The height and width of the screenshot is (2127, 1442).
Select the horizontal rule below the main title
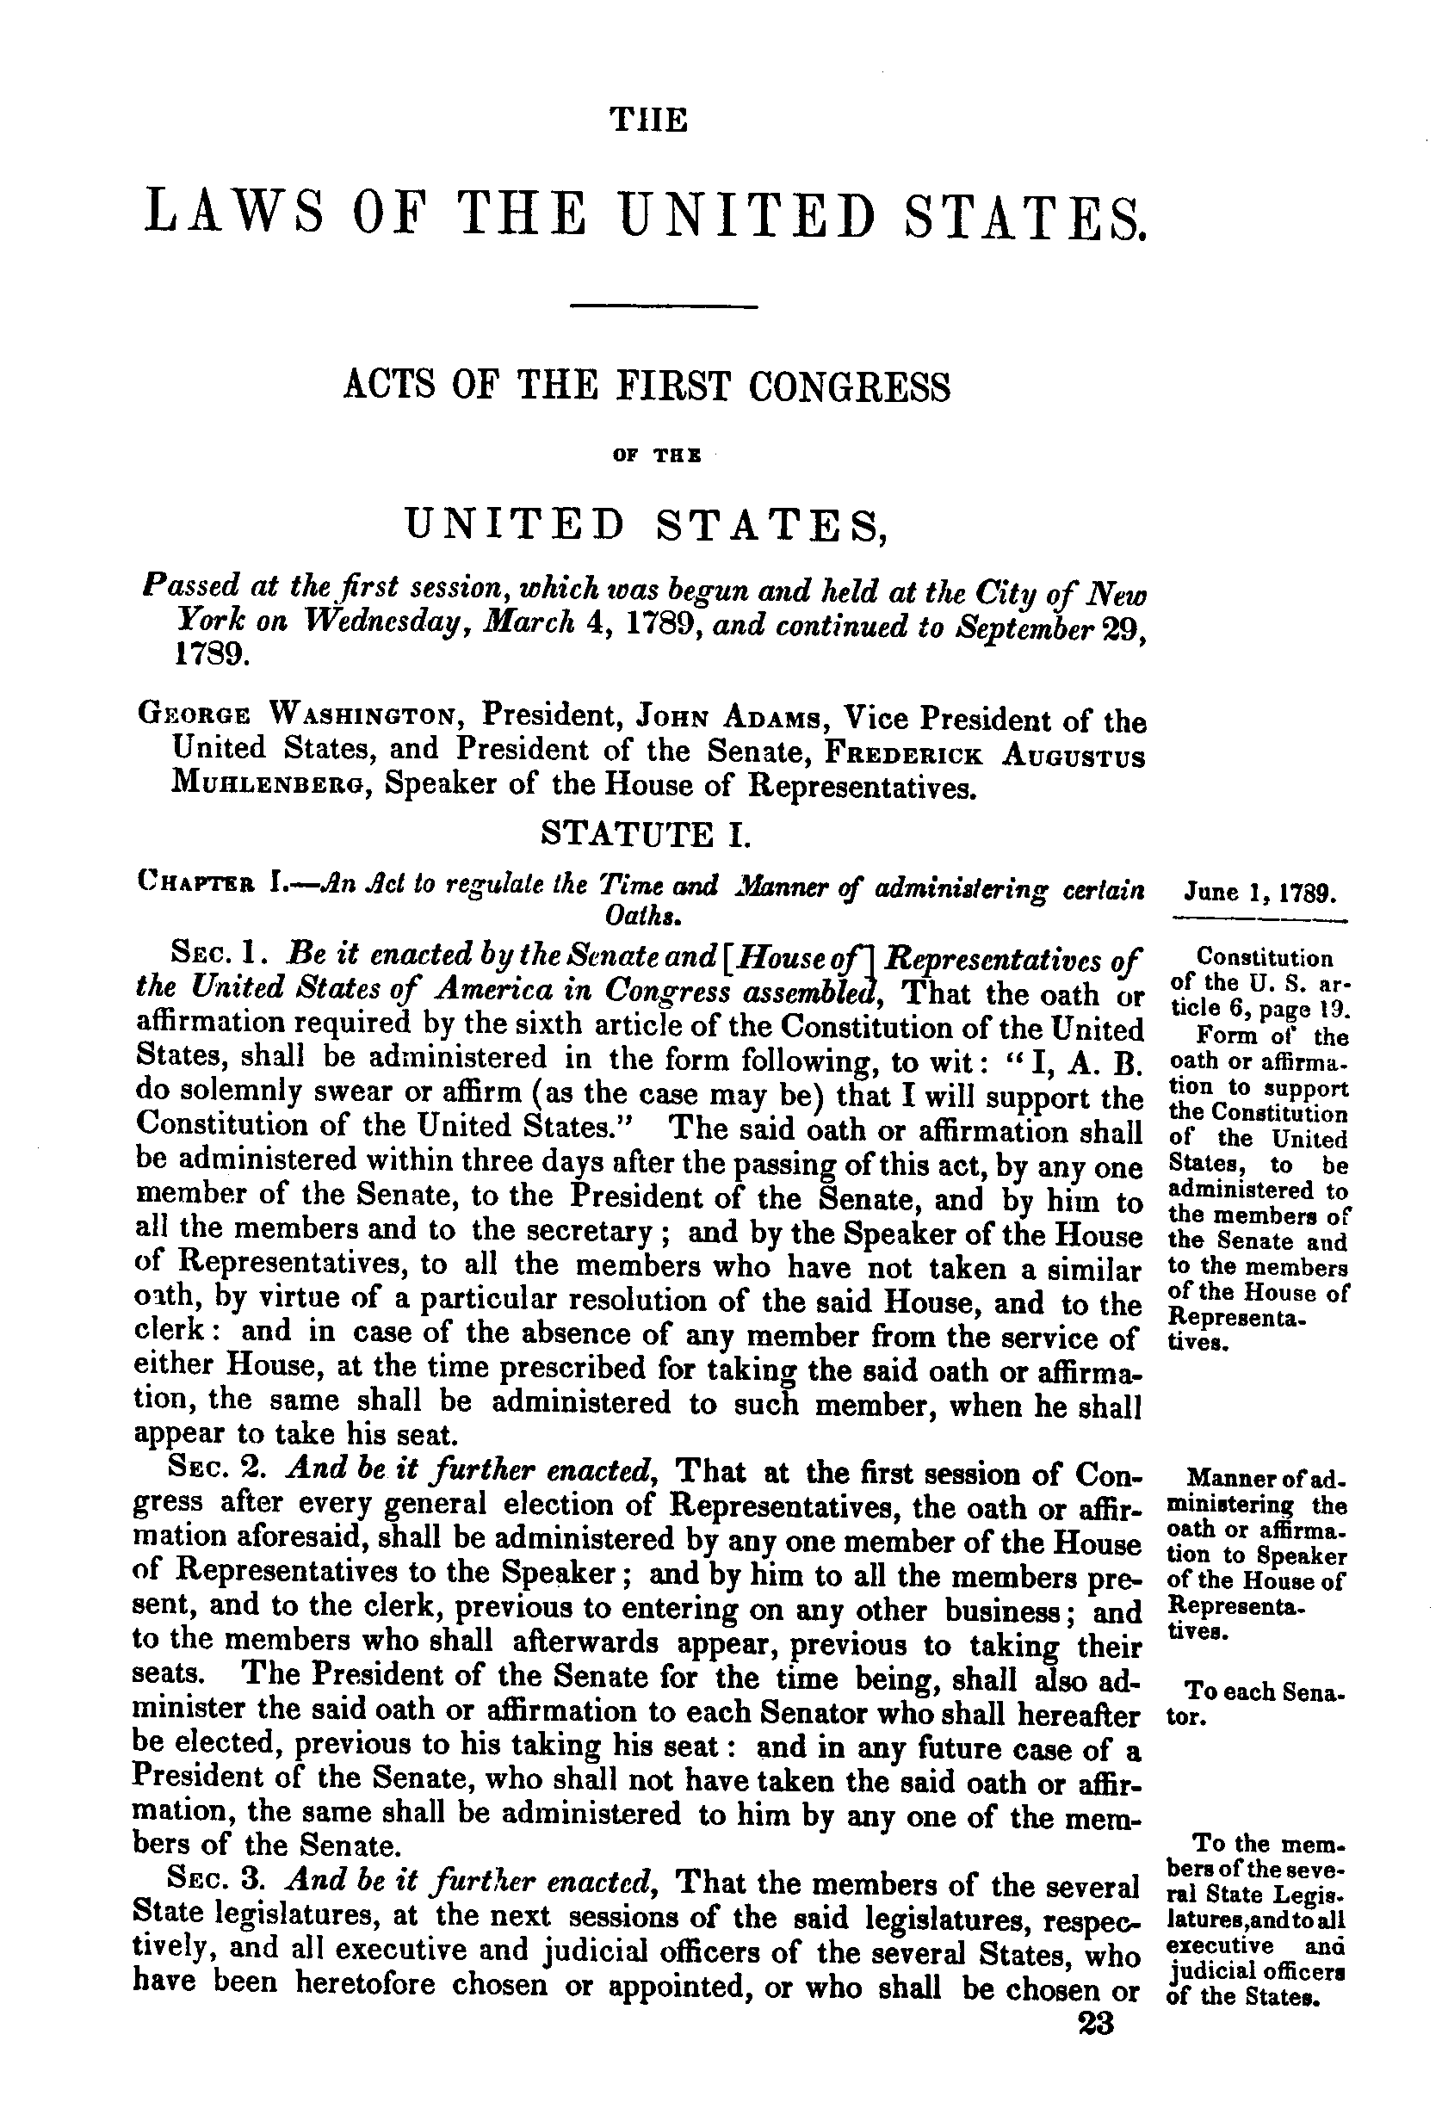click(664, 305)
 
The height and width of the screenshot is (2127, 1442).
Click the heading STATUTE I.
click(647, 834)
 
